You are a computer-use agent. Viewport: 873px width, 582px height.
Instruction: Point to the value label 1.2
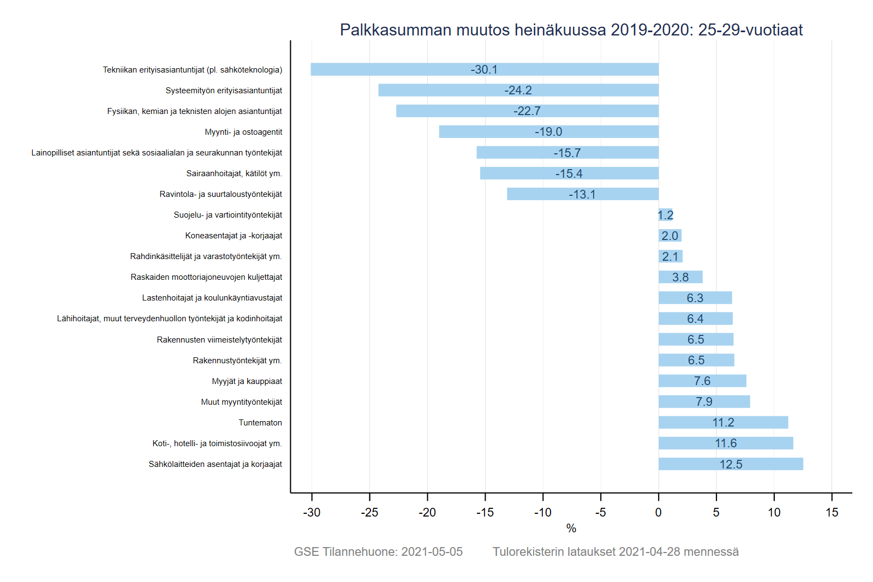point(666,215)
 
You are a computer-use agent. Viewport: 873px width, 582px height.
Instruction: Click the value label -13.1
point(582,194)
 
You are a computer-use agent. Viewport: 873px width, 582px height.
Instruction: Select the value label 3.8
point(680,277)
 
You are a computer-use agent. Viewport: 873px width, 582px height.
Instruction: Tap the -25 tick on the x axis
point(369,512)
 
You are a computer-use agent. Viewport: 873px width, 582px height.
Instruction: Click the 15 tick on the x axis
point(832,512)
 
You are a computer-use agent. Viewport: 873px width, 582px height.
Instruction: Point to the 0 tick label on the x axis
point(659,512)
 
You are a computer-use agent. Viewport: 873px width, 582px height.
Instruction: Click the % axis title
point(571,528)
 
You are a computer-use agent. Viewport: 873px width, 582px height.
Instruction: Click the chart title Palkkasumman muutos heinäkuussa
point(571,29)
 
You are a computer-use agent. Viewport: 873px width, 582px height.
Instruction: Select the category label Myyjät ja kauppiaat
point(247,381)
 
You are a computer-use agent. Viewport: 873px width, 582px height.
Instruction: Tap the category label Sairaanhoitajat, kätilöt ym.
point(234,173)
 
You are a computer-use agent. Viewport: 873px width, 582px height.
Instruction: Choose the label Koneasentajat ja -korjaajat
point(234,236)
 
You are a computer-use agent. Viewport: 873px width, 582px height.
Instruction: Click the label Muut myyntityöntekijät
point(242,402)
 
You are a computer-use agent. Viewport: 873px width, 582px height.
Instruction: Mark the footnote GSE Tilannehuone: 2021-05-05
point(378,551)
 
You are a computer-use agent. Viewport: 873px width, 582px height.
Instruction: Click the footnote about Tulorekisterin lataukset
point(615,551)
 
